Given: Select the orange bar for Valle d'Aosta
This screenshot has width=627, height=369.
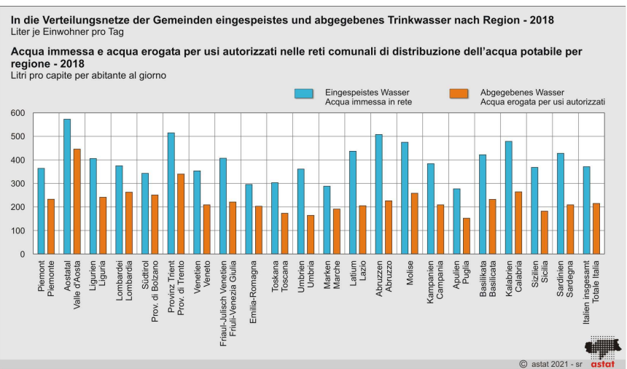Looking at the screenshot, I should pos(77,201).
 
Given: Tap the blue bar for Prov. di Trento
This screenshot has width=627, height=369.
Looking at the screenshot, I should pos(171,193).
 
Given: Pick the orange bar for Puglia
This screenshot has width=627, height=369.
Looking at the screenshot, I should pos(466,236).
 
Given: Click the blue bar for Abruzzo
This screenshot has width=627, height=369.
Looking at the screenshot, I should pos(379,194).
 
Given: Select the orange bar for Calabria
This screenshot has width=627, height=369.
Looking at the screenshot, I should pos(518,223).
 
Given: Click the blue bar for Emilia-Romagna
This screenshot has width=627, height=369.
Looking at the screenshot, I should pos(249,219).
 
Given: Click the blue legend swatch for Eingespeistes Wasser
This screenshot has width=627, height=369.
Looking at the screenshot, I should pos(304,93).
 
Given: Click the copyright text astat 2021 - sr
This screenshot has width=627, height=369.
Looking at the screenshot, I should pos(548,362).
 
